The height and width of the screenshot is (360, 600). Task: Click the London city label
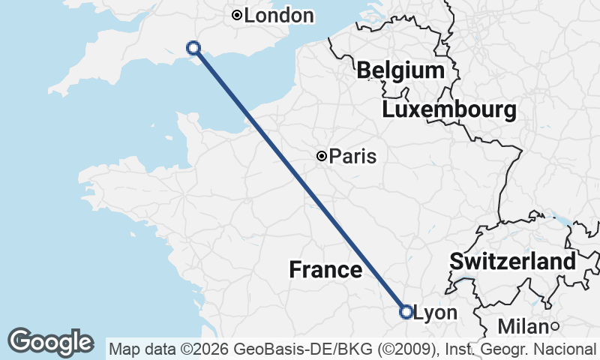tap(278, 15)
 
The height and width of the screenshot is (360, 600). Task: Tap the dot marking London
tap(237, 15)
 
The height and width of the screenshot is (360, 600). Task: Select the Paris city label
tap(352, 156)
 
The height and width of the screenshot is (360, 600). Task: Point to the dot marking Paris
tap(322, 156)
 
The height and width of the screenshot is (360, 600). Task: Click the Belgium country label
tap(400, 70)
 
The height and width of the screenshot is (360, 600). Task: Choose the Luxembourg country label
tap(448, 110)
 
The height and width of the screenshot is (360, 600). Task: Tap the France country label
tap(325, 269)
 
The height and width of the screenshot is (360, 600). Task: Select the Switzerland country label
tap(512, 262)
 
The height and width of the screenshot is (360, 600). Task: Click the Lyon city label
tap(435, 312)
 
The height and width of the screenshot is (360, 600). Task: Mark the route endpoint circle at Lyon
tap(406, 311)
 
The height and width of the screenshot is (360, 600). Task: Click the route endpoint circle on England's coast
tap(193, 47)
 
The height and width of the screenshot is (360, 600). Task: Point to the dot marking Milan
tap(555, 325)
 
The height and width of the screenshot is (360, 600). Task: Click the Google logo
tap(50, 342)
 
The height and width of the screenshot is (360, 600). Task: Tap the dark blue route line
tap(300, 180)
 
